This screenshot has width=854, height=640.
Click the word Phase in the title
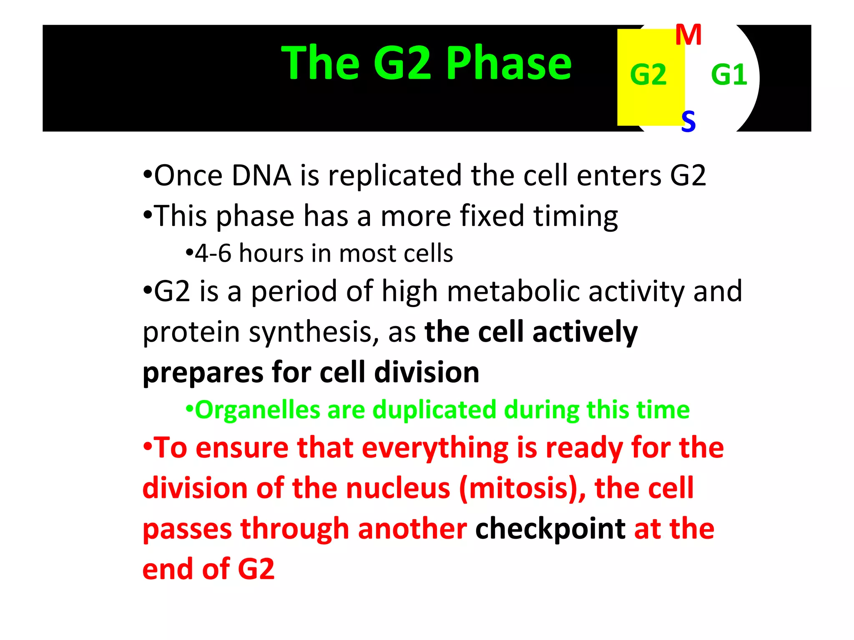pyautogui.click(x=509, y=63)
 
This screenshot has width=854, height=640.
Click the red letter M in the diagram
pyautogui.click(x=688, y=35)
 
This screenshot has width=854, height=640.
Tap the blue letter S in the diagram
pyautogui.click(x=688, y=121)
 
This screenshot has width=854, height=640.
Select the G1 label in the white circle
pyautogui.click(x=728, y=75)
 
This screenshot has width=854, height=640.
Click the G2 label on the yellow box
pyautogui.click(x=648, y=75)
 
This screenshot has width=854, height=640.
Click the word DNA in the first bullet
pyautogui.click(x=261, y=175)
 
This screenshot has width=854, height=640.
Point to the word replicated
pyautogui.click(x=395, y=175)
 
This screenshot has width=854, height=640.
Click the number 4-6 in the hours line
pyautogui.click(x=213, y=253)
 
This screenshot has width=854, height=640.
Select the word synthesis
pyautogui.click(x=313, y=332)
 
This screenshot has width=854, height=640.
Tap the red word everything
pyautogui.click(x=435, y=448)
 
